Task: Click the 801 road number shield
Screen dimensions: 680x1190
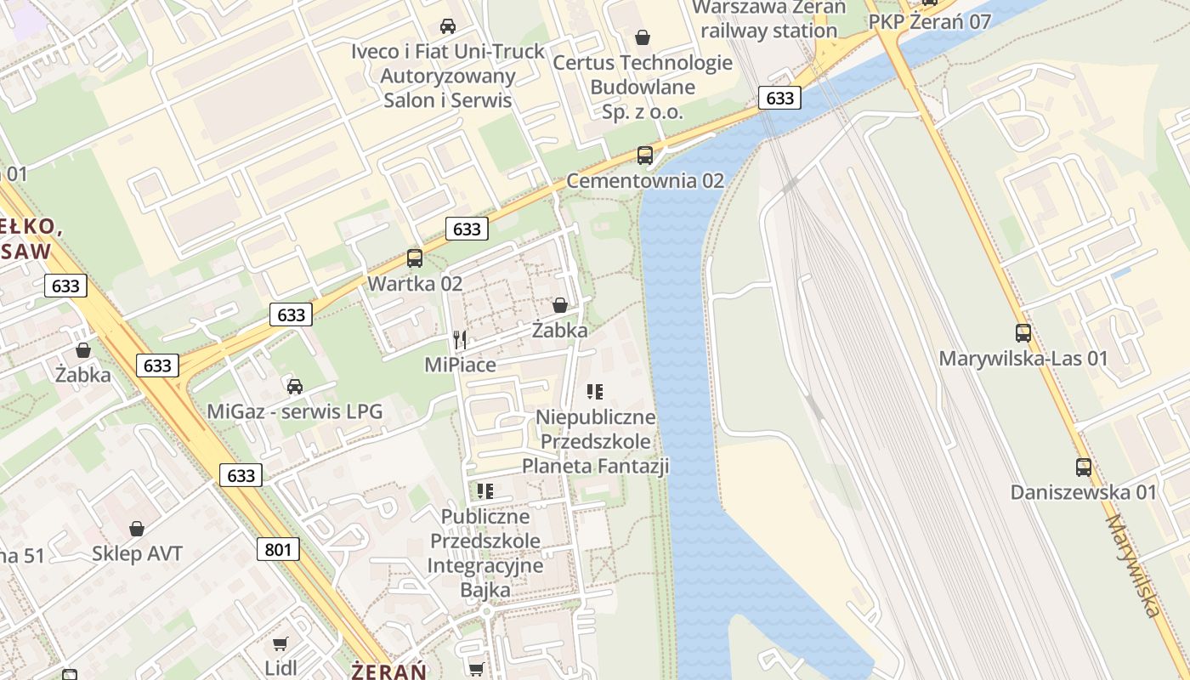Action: click(278, 549)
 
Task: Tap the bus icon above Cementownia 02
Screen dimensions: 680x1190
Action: click(645, 155)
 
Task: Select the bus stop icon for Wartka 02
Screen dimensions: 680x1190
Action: click(415, 258)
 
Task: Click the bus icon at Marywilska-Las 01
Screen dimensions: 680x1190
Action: click(1023, 332)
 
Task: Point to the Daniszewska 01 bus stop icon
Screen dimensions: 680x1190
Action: click(1084, 467)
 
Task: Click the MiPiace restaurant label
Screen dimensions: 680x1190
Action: click(460, 365)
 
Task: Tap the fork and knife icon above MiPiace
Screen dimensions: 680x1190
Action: click(460, 340)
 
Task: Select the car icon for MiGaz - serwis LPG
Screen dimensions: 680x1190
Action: click(295, 387)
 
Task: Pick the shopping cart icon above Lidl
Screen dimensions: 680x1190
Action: click(280, 643)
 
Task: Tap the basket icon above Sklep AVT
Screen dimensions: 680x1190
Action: click(137, 529)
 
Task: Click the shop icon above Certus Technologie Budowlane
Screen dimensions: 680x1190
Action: click(643, 37)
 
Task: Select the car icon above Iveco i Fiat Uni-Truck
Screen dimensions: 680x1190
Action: click(448, 26)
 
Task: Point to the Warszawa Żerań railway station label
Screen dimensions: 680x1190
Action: click(769, 19)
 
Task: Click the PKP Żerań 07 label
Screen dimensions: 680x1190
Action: click(930, 22)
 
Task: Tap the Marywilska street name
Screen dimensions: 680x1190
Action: click(1133, 565)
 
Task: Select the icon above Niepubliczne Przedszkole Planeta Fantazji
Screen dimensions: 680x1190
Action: click(595, 392)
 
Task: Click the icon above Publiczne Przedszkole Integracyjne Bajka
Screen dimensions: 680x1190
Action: click(485, 490)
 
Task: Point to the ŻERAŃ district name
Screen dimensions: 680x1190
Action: click(389, 671)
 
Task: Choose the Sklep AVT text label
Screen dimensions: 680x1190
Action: click(137, 554)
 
